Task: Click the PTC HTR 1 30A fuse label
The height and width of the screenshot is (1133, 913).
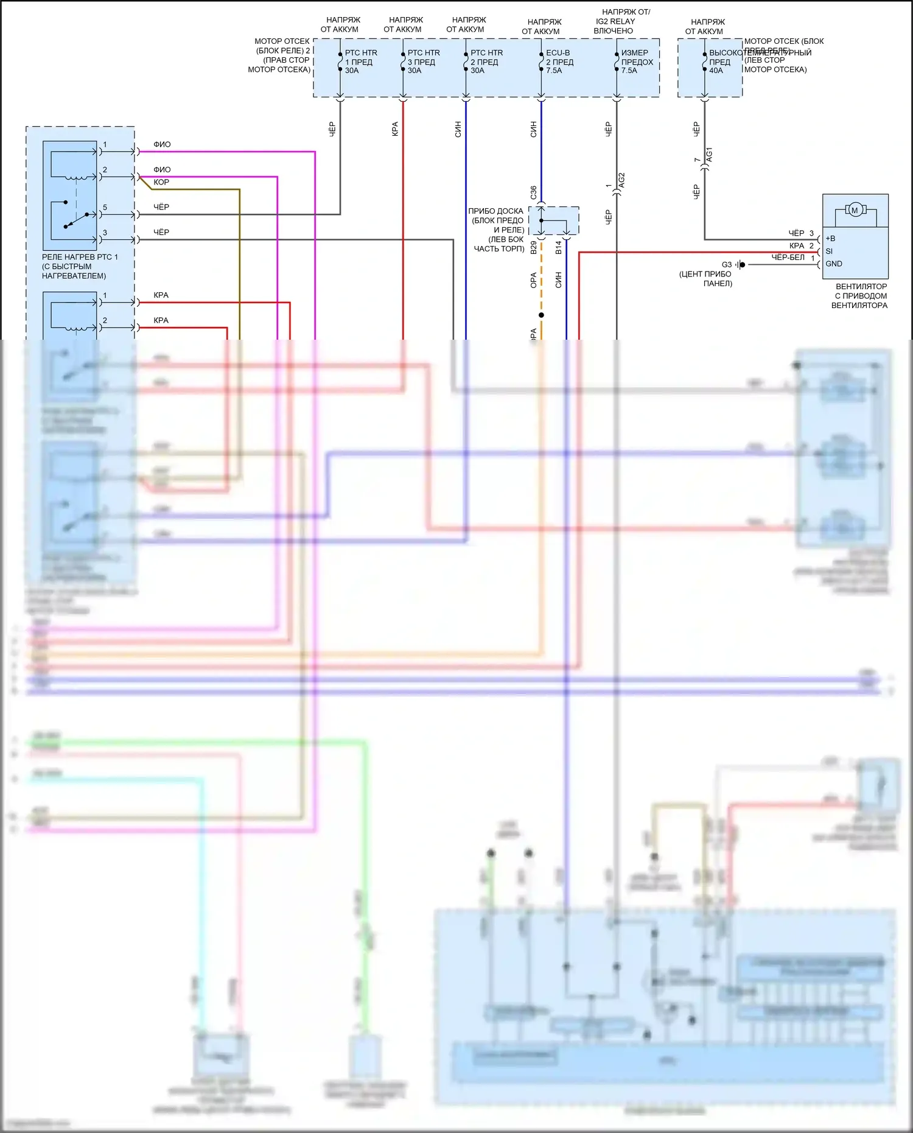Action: [360, 61]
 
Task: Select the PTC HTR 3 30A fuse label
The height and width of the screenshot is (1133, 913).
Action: [423, 61]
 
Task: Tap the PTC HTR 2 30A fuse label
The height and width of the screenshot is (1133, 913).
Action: [486, 61]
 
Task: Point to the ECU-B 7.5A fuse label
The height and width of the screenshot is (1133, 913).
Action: [559, 61]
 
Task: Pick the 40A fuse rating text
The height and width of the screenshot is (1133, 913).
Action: [716, 71]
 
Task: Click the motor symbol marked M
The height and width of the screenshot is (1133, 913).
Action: [855, 211]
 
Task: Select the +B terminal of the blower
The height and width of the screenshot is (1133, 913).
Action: [830, 239]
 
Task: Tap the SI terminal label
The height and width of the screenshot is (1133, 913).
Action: [829, 251]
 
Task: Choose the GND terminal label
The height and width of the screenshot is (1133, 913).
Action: [834, 264]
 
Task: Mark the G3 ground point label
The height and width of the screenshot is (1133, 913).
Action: [727, 265]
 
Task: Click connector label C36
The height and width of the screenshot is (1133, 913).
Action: [534, 192]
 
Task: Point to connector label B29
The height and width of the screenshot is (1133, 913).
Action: [534, 247]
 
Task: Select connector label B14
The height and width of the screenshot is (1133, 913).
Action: [559, 247]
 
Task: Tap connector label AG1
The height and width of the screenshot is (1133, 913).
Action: [709, 155]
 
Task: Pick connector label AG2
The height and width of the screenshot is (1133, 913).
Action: [621, 180]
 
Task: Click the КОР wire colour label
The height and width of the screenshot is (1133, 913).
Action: [161, 182]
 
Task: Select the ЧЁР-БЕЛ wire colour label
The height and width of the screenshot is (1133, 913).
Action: [788, 258]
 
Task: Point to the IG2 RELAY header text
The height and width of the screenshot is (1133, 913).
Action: [615, 21]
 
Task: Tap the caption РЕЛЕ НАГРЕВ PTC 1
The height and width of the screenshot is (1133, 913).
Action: [80, 257]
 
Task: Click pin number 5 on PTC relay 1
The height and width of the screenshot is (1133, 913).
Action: [105, 208]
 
